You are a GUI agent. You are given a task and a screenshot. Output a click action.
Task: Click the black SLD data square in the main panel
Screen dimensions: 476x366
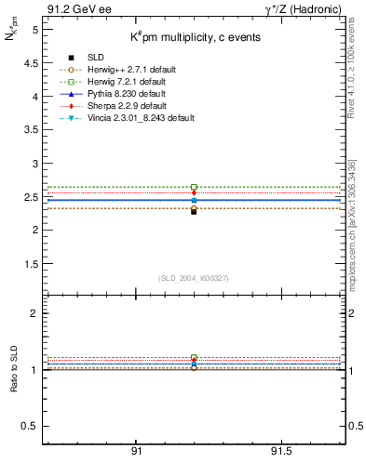(x=194, y=211)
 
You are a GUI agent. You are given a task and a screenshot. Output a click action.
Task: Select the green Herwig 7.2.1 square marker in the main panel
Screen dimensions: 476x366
(x=194, y=187)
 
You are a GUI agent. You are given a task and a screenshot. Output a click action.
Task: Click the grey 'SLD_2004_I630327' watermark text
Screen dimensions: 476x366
(x=193, y=278)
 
